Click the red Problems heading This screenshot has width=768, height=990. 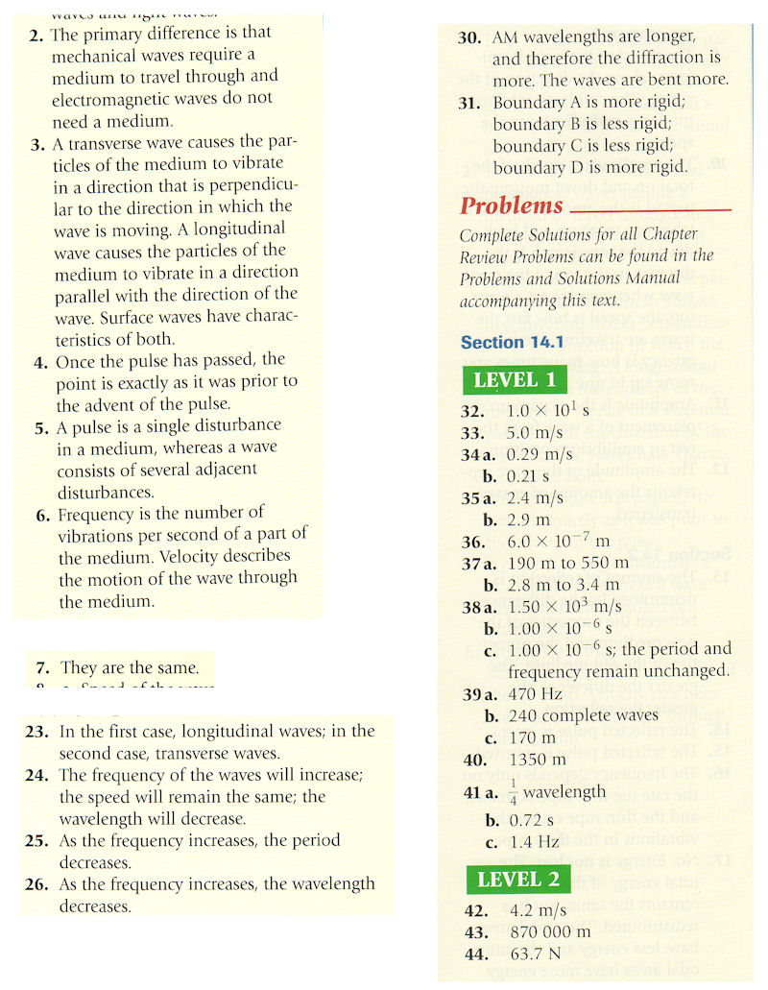[511, 205]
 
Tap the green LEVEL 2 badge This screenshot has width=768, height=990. [517, 880]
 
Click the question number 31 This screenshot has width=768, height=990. [469, 103]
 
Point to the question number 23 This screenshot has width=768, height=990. [36, 732]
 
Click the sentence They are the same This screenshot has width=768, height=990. [130, 667]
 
